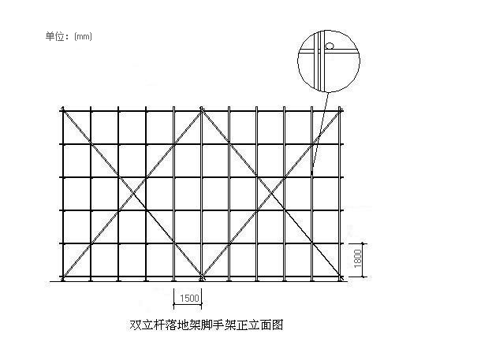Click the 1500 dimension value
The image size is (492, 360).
189,298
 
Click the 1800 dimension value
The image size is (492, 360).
357,258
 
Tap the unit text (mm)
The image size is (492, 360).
83,37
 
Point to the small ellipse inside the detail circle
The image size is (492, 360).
329,46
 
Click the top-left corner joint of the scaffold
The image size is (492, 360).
63,110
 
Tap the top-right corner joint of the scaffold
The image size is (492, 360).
340,110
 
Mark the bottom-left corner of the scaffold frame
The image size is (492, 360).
63,277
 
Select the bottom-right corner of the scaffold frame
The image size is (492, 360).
340,277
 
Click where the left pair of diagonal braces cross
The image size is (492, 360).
132,194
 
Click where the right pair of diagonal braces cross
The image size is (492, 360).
270,194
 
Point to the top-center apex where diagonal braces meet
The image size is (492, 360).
201,110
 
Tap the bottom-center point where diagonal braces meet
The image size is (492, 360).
201,277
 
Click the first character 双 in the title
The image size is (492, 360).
136,325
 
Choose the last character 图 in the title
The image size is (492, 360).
278,325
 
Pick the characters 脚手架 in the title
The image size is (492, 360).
218,325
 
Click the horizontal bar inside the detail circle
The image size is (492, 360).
329,51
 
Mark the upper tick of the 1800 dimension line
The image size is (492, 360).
363,243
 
